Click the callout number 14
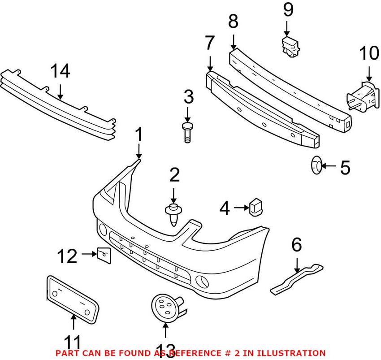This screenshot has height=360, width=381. click(x=61, y=72)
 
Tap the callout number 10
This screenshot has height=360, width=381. click(x=368, y=54)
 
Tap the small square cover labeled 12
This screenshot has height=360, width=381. click(x=103, y=255)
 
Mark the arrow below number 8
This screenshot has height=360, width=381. click(x=233, y=43)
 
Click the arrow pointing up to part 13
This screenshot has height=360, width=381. click(x=165, y=331)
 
